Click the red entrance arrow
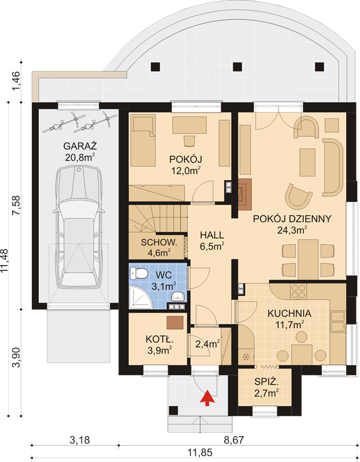point(207,397)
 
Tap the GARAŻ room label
point(80,146)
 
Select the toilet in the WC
point(139,273)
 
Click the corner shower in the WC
point(140,298)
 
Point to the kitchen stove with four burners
point(298,291)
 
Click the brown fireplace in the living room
point(244,194)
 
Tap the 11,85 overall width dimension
point(201,452)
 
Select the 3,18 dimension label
point(80,440)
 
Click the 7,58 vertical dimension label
point(16,206)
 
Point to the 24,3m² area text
point(292,229)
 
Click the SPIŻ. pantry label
point(266,382)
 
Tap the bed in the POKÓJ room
point(143,141)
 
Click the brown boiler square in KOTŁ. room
point(175,323)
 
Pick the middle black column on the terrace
point(237,67)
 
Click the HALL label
point(212,235)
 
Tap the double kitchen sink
point(338,321)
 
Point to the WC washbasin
point(178,296)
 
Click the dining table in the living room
point(308,259)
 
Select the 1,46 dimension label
point(16,81)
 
